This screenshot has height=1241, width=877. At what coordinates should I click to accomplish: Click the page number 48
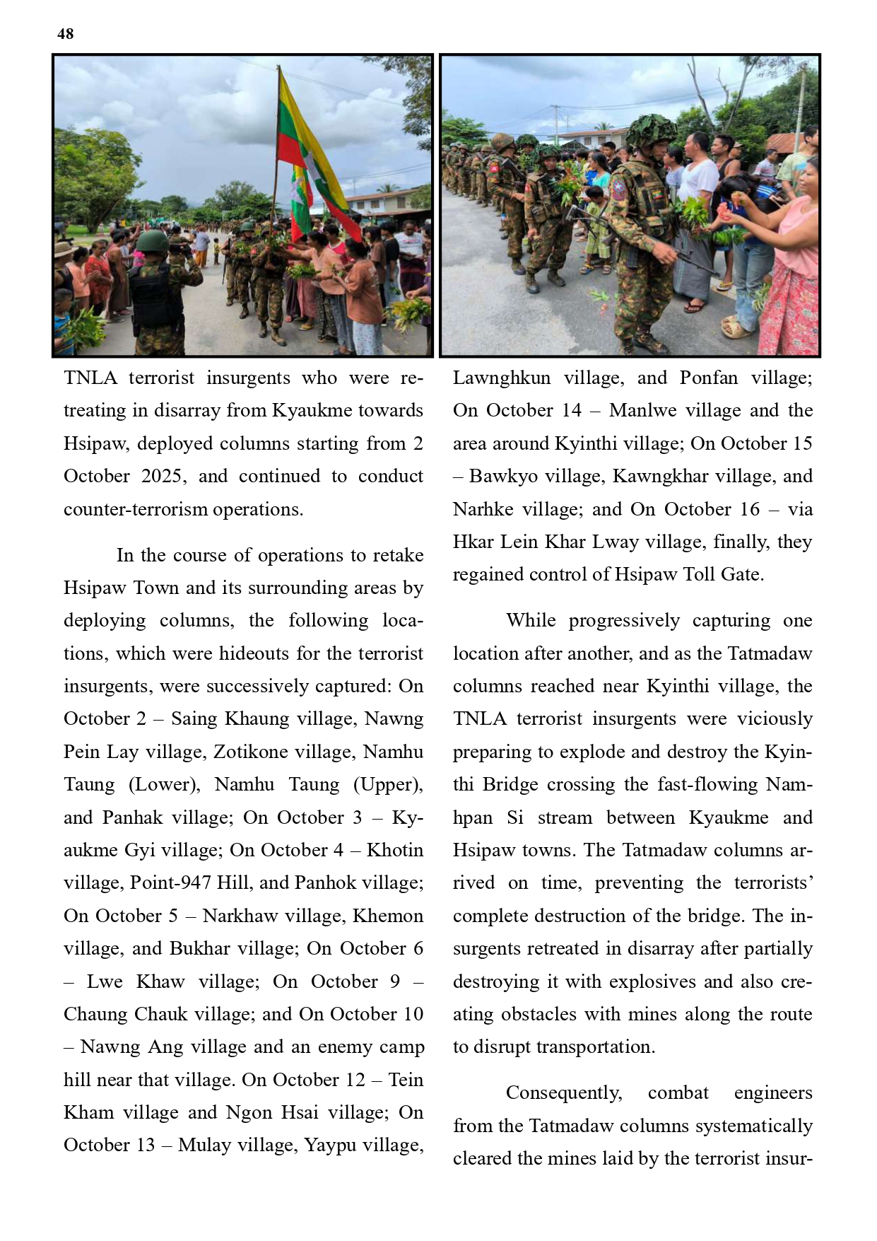[66, 34]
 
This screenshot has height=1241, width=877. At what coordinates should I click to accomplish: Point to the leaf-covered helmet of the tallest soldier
[649, 130]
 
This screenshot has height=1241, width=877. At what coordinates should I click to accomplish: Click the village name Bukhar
[199, 948]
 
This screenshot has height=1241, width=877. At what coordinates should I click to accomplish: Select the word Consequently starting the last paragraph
[564, 1093]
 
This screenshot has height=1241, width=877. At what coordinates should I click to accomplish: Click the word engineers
[773, 1093]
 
